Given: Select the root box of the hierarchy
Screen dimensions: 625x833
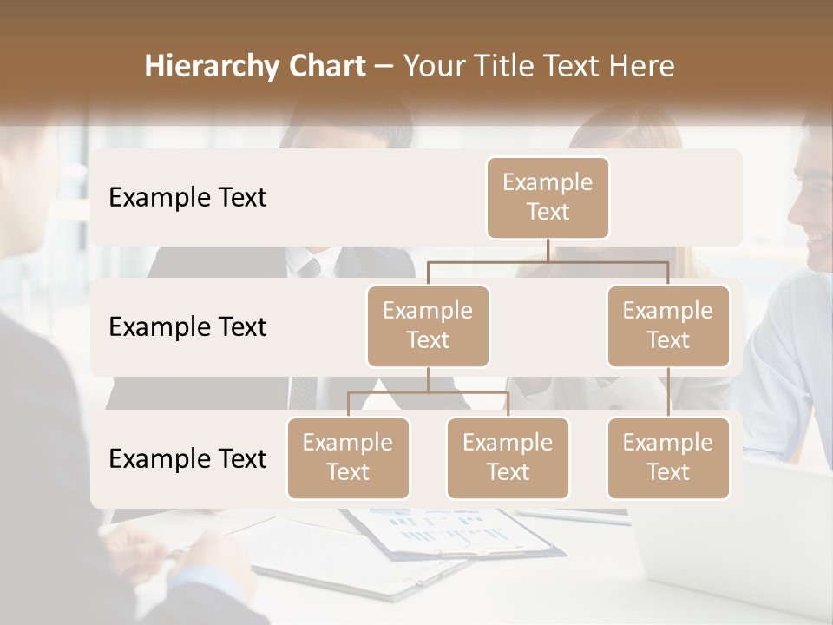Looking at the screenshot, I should coord(548,197).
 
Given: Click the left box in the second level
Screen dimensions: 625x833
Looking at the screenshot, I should coord(428,326).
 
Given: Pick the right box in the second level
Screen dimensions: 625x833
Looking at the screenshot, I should coord(668,326).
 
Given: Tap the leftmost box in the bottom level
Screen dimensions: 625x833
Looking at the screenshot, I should coord(348,457).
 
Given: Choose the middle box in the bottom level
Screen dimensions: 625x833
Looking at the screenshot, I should coord(508,457).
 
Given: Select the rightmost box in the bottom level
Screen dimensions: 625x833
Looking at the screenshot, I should coord(668,457).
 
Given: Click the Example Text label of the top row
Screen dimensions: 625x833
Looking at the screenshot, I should coord(187,197).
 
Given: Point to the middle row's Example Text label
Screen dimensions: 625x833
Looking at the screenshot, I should coord(187,326).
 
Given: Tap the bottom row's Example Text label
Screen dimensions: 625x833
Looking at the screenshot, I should coord(187,458).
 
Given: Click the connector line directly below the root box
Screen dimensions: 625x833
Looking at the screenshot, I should coord(548,250).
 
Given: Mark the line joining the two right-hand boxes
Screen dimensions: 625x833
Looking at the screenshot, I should coord(668,391).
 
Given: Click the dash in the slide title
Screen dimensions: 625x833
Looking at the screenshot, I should coord(384,67).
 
